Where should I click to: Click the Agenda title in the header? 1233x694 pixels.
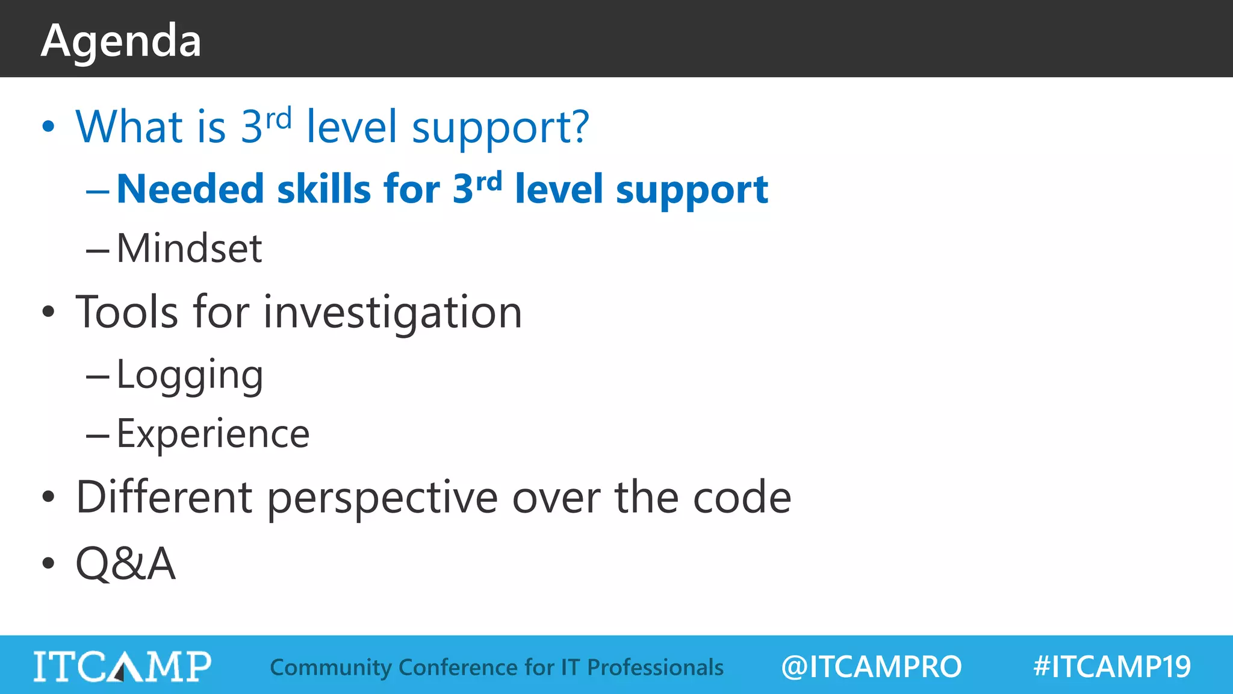(x=121, y=41)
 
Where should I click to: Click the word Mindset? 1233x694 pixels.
(x=189, y=248)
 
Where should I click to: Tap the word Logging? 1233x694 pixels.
(x=190, y=375)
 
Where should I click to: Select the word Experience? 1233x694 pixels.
(x=213, y=434)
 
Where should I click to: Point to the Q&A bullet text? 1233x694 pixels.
(x=125, y=563)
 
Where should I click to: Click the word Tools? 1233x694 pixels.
(x=127, y=312)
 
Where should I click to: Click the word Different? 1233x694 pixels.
(x=164, y=497)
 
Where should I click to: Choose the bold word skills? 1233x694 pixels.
(x=323, y=189)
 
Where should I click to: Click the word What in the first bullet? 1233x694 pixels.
(x=129, y=127)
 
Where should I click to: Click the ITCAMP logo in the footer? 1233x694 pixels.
(x=122, y=666)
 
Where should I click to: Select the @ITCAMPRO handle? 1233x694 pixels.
(x=871, y=667)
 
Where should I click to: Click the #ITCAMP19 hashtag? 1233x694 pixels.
(x=1111, y=667)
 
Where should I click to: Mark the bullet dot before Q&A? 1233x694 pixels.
(x=48, y=563)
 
